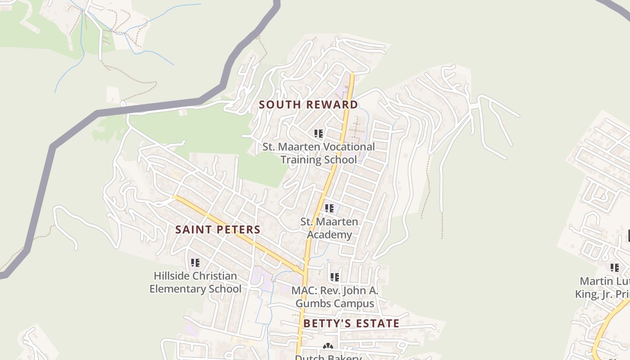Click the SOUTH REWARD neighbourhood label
tap(308, 105)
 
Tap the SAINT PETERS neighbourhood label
tap(218, 229)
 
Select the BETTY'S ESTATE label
tap(351, 324)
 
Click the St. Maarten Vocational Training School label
tap(319, 153)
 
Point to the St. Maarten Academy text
tap(329, 228)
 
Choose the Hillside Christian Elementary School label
tap(195, 282)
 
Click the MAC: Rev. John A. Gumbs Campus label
tap(335, 297)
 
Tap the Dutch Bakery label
tap(328, 357)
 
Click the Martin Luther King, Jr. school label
tap(603, 288)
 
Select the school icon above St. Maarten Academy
tap(329, 208)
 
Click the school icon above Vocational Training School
tap(319, 133)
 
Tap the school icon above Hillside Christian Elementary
tap(195, 262)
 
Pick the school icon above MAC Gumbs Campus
tap(335, 277)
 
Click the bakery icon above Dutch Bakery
tap(328, 346)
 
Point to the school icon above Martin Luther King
tap(615, 268)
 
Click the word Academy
tap(329, 235)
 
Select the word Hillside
tap(171, 276)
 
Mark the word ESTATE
tap(377, 324)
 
